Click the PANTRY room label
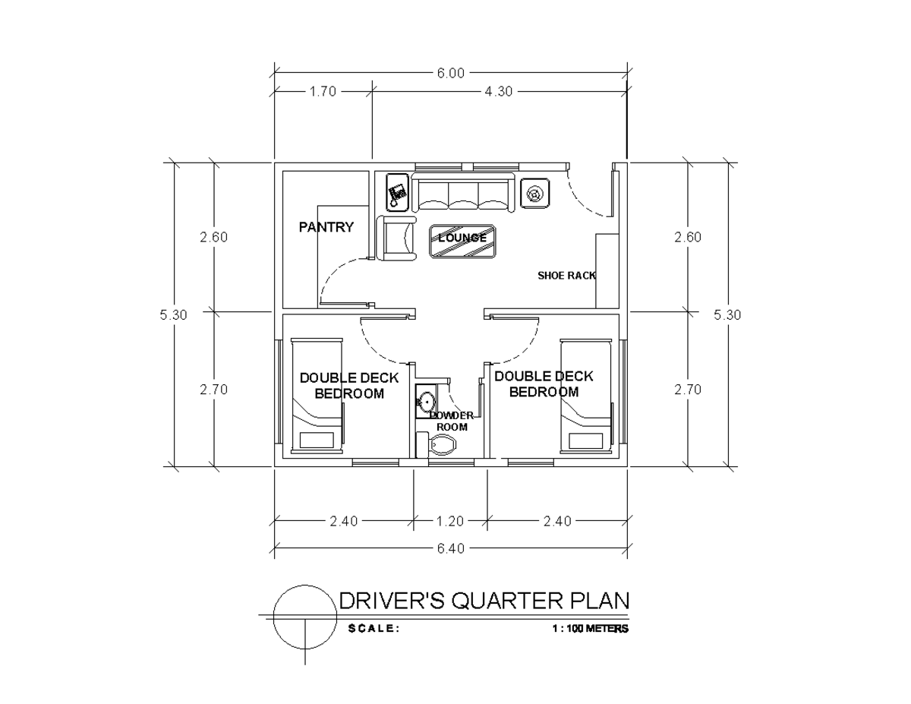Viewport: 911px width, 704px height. click(x=326, y=226)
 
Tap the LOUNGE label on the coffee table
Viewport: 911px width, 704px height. click(x=462, y=238)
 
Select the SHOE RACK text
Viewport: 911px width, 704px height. click(x=566, y=276)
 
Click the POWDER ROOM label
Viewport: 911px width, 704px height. click(x=452, y=421)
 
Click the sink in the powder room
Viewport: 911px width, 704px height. click(x=427, y=401)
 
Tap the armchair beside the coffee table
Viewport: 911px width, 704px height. click(x=397, y=238)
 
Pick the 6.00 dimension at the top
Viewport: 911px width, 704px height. click(x=449, y=74)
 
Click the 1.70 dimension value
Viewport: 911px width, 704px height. click(x=323, y=91)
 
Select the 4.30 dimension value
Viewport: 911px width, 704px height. click(x=498, y=91)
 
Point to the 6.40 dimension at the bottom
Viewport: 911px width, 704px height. click(x=451, y=548)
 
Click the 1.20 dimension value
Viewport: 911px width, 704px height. click(x=449, y=521)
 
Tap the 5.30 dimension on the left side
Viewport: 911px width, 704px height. click(x=174, y=314)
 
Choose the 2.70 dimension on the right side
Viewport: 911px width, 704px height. click(x=688, y=389)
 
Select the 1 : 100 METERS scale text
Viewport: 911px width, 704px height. click(x=591, y=629)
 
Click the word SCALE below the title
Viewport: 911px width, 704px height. click(x=373, y=629)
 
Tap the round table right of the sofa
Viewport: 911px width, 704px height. click(x=535, y=194)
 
